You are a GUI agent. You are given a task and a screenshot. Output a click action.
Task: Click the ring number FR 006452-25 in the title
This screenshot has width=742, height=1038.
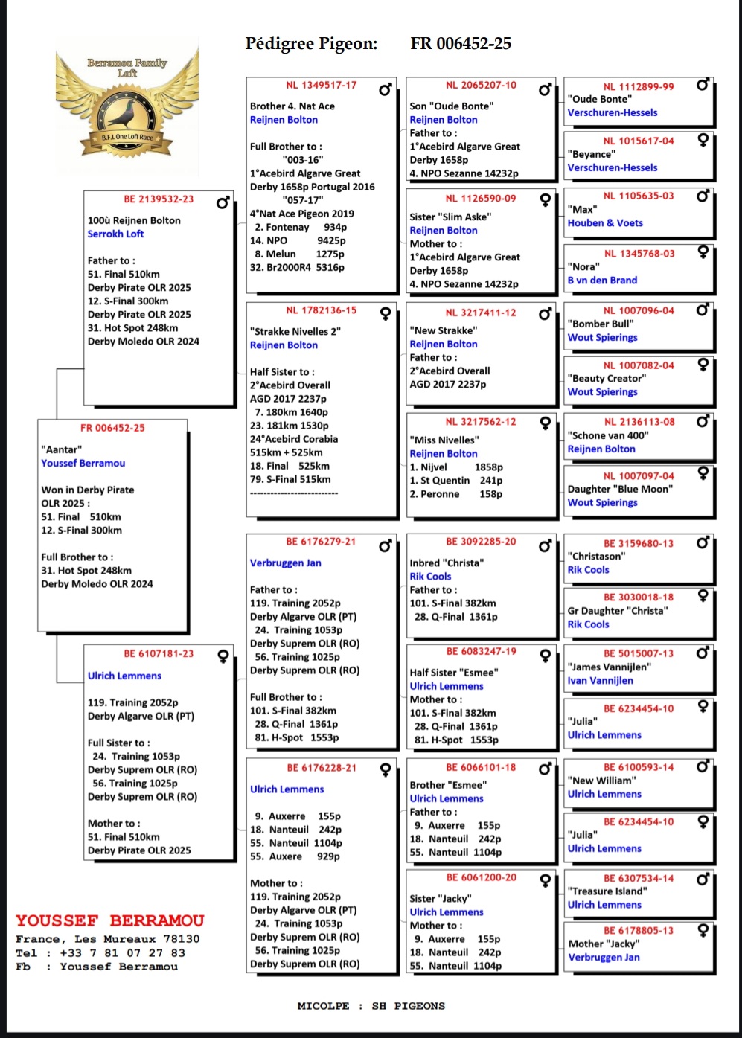coord(461,44)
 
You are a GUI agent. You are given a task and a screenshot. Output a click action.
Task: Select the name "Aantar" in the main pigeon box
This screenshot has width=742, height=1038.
coord(62,449)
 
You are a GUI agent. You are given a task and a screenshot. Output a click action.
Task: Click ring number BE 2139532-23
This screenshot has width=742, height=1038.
coord(159,199)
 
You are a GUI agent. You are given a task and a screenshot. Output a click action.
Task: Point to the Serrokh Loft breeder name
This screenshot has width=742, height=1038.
coord(115,234)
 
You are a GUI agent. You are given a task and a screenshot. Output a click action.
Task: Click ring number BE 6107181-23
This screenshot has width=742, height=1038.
coord(159,654)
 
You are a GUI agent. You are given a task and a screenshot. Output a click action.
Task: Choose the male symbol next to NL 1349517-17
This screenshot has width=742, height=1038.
coord(385,90)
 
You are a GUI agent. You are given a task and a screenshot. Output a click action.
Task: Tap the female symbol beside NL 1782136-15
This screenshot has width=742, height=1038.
coord(386,313)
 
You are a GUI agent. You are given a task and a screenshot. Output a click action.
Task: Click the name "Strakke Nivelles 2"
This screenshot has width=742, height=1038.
coord(295,332)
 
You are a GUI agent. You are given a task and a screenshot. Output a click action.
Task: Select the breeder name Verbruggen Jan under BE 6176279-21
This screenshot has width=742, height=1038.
coord(286,563)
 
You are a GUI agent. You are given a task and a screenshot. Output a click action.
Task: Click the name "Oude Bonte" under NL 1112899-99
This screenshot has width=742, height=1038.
coord(600,99)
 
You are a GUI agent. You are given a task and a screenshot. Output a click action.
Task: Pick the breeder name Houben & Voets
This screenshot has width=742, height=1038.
coord(605,222)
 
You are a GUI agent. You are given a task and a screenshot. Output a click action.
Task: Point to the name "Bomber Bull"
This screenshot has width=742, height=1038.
coord(601,324)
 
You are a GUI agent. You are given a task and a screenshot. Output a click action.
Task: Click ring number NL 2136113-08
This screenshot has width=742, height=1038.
coord(639,422)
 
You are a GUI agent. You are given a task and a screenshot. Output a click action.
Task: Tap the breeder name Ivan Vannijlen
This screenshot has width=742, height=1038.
coord(601,680)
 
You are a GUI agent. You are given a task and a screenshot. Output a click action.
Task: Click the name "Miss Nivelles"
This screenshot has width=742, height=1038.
coord(444,440)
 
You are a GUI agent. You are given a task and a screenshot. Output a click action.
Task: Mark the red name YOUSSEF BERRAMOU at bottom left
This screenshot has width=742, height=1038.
coord(110,921)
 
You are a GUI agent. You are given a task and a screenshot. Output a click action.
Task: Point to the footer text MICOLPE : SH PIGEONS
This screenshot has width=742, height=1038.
coord(371,1006)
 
